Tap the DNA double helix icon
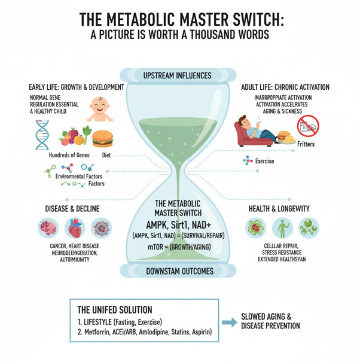click(42, 135)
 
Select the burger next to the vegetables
click(103, 139)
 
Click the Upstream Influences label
click(177, 75)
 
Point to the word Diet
click(107, 155)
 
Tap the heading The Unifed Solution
click(115, 310)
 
